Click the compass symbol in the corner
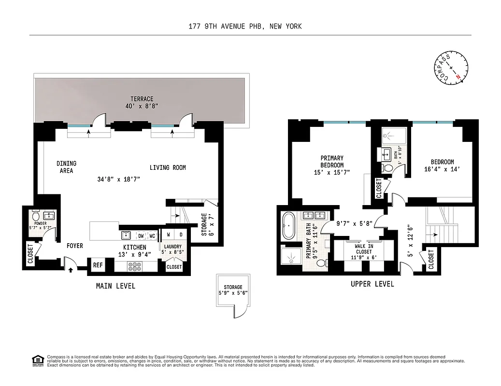pos(451,69)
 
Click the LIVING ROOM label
pos(167,168)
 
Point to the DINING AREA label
pos(66,167)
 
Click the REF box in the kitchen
pos(98,265)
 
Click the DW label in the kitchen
pos(141,236)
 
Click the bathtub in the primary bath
pos(288,226)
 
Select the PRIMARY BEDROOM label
pos(332,162)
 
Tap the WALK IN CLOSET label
pos(363,248)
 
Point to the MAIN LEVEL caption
pos(115,286)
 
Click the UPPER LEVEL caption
pos(372,284)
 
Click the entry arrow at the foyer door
pos(71,270)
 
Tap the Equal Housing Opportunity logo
pos(36,359)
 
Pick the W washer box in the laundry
pos(169,235)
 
